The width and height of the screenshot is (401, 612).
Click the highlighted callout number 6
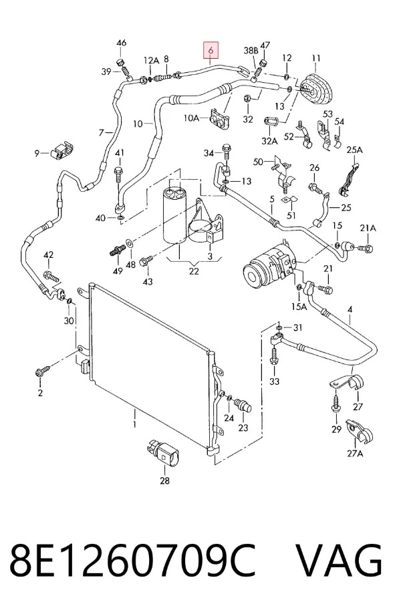coord(211,50)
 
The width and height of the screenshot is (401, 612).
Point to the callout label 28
coord(165,480)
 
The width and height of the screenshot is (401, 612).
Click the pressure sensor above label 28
coord(163,453)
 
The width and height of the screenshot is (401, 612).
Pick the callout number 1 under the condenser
coord(134,424)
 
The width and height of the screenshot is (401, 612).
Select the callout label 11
coord(316,59)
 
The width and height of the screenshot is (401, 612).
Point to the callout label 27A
coord(354,453)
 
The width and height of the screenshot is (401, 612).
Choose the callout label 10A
coord(191,118)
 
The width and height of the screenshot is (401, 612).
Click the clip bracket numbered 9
coord(61,150)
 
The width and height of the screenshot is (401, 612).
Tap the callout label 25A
coord(354,150)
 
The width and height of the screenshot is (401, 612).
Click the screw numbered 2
coord(43,370)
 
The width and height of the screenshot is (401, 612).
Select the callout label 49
coord(118,270)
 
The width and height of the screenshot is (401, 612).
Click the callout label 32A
coord(269,141)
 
